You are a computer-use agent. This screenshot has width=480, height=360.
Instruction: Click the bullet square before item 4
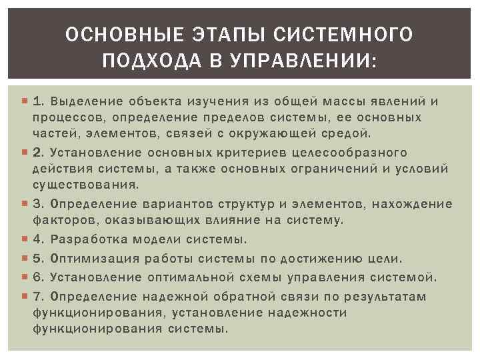coord(25,238)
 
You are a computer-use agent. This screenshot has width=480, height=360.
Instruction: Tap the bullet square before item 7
coord(25,296)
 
